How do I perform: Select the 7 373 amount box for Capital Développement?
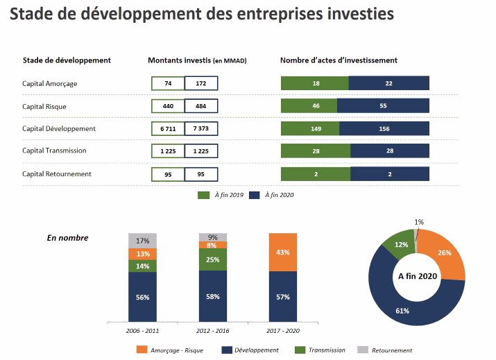coord(201,129)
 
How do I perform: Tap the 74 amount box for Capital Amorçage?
coord(168,83)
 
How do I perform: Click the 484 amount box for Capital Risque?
coord(201,106)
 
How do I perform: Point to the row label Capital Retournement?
coord(56,173)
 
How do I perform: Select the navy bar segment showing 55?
coord(383,106)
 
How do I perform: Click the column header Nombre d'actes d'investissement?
coord(339,60)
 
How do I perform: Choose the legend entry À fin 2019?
coord(221,196)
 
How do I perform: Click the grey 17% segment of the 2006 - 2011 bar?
coord(142,241)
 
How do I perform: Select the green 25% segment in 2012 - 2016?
coord(212,259)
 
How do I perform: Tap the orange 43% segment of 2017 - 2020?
coord(282,252)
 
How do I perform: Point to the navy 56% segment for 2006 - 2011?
coord(142,297)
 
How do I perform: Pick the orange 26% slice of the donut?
coord(445,253)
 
